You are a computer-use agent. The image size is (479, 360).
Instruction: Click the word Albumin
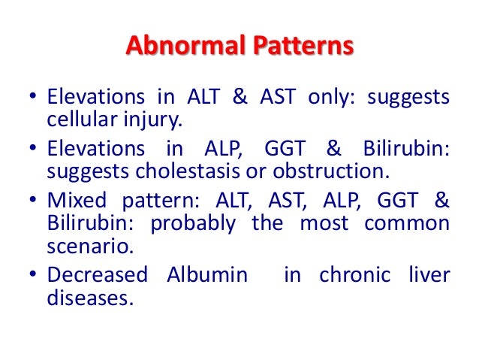[203, 275]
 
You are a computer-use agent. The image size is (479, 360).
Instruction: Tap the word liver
[429, 275]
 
